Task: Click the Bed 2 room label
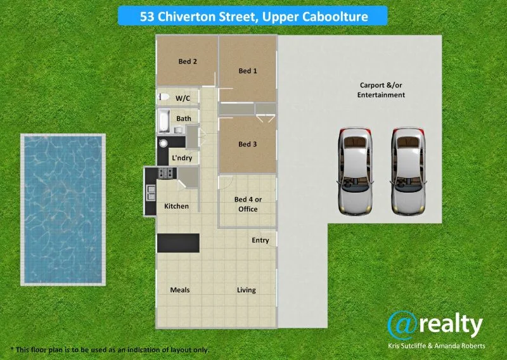point(188,61)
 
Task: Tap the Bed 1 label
point(248,71)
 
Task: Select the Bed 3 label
point(248,144)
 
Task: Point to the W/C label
point(183,98)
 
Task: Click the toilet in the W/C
point(164,97)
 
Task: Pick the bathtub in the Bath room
point(163,121)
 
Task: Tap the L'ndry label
point(181,158)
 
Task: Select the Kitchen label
point(176,206)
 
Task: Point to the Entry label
point(260,240)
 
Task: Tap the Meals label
point(180,290)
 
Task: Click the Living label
point(247,290)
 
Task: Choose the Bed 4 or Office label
point(248,204)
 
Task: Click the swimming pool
point(62,209)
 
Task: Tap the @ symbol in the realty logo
point(403,325)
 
